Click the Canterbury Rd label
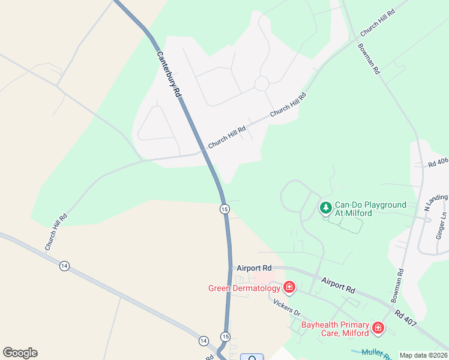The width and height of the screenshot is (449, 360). click(169, 74)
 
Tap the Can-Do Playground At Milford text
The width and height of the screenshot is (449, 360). click(370, 209)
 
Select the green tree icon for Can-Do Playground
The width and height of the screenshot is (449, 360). click(325, 208)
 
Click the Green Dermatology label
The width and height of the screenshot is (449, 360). click(244, 288)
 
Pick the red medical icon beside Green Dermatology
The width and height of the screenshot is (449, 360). click(289, 288)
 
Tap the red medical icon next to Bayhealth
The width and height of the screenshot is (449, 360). click(378, 328)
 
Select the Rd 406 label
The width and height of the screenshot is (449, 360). click(438, 163)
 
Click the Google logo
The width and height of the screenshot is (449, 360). click(20, 353)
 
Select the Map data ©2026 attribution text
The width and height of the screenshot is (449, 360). click(424, 355)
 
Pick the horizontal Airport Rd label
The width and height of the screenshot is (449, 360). click(255, 268)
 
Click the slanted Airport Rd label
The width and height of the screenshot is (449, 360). click(338, 285)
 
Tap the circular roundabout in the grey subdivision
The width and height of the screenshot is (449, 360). click(261, 83)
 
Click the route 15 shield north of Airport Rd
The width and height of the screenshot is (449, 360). click(224, 209)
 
